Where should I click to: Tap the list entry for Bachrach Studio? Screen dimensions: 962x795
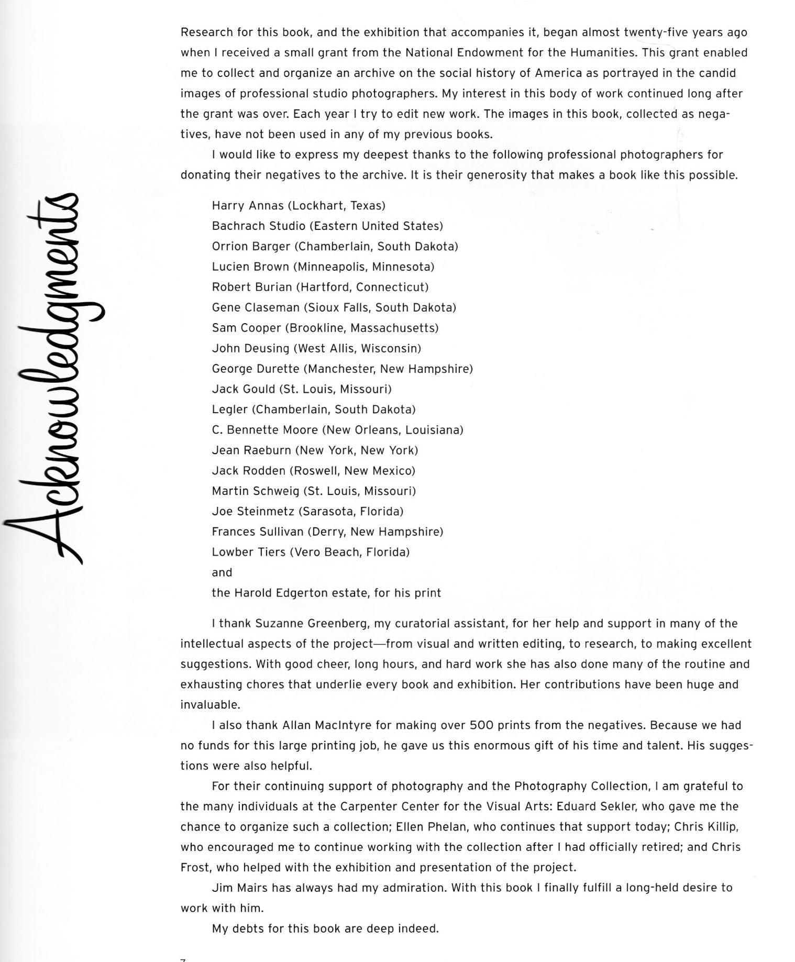click(x=327, y=226)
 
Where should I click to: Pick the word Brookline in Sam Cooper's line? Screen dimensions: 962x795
click(x=316, y=328)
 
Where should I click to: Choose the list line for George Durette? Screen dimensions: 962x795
click(x=342, y=369)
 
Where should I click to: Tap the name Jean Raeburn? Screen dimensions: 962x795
click(x=251, y=451)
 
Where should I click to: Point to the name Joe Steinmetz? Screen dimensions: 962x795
click(x=253, y=512)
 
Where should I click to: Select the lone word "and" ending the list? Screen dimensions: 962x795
click(x=222, y=573)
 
